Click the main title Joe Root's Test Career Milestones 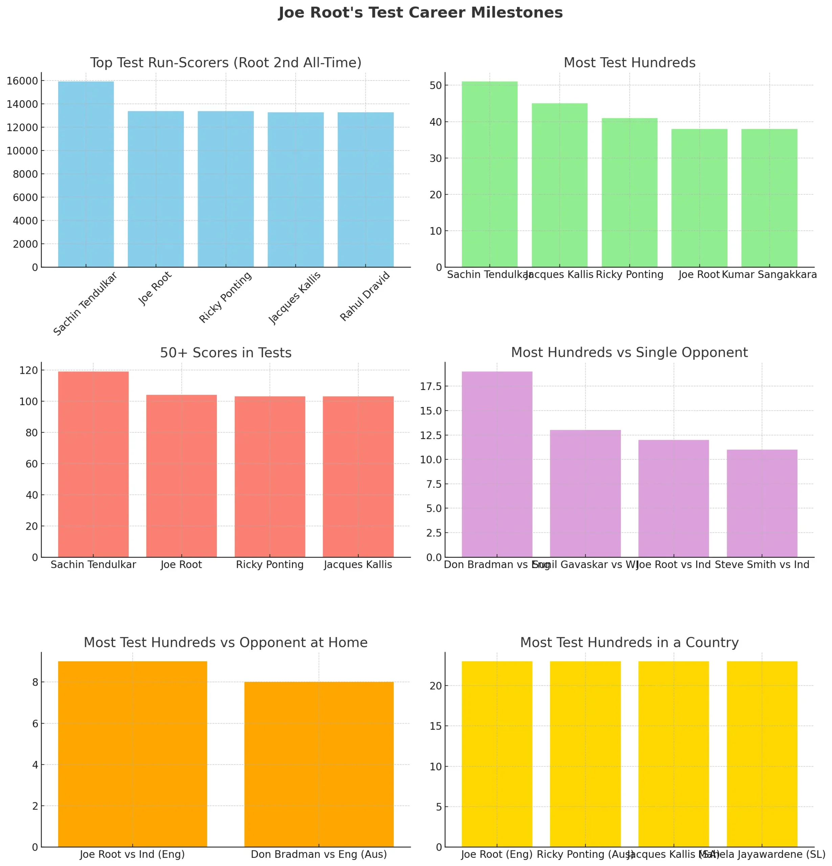click(x=420, y=13)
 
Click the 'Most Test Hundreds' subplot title click(x=629, y=63)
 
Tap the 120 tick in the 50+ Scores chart click(x=29, y=370)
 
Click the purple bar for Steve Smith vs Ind click(x=762, y=503)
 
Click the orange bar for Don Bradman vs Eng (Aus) click(x=319, y=765)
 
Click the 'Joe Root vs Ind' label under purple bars click(x=673, y=565)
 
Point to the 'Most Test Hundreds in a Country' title click(x=629, y=642)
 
